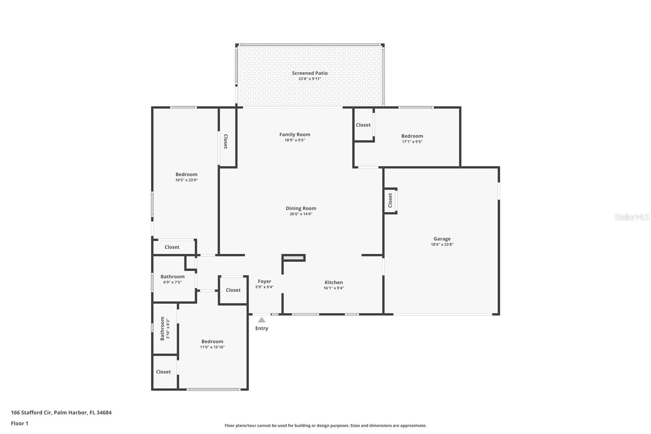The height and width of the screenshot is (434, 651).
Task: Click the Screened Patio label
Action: [310, 73]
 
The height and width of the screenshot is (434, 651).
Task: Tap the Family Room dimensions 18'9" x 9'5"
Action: [295, 140]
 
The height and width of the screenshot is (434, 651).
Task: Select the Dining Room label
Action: [301, 208]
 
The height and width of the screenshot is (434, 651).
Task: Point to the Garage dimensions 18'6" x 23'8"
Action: [442, 244]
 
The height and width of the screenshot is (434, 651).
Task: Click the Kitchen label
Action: [334, 282]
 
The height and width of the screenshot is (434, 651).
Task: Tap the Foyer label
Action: [264, 281]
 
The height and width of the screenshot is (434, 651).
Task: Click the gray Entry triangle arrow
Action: [262, 320]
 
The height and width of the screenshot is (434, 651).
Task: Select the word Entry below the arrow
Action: [262, 328]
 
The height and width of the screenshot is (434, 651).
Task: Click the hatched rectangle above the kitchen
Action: [293, 258]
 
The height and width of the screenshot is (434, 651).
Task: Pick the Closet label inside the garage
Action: [390, 200]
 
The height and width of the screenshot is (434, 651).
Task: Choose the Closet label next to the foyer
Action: [233, 290]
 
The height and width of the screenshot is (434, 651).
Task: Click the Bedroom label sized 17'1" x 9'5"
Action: [412, 136]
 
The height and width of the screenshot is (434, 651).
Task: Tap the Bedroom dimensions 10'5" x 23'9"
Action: [186, 180]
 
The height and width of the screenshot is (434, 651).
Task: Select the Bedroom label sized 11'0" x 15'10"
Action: [212, 342]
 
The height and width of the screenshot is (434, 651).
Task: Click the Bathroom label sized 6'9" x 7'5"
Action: [173, 276]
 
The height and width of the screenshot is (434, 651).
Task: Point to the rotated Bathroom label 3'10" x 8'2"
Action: [164, 329]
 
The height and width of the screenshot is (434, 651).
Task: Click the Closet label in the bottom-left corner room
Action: [163, 372]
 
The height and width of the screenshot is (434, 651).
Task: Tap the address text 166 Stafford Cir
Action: [31, 412]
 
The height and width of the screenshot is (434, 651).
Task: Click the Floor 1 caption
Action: [20, 423]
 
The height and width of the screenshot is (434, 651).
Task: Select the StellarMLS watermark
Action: [631, 217]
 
